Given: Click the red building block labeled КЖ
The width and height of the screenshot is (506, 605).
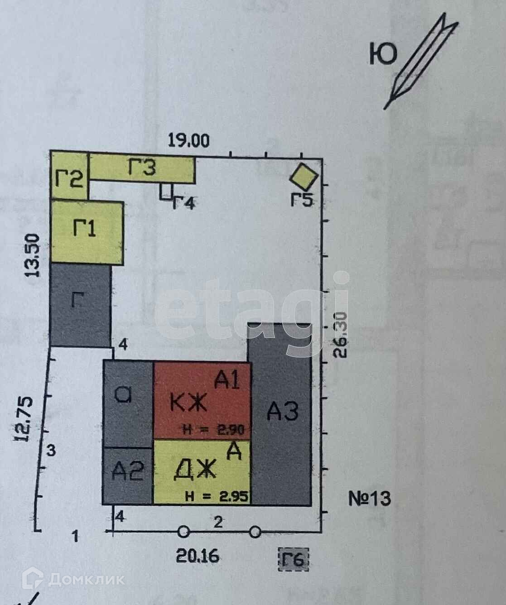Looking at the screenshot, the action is pyautogui.click(x=202, y=401).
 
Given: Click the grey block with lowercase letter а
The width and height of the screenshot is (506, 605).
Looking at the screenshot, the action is pyautogui.click(x=128, y=403).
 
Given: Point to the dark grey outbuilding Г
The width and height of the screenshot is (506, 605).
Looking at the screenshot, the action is pyautogui.click(x=81, y=306).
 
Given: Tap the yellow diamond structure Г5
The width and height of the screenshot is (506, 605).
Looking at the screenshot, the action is pyautogui.click(x=303, y=177).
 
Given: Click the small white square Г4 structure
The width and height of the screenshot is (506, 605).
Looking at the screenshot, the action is pyautogui.click(x=166, y=192).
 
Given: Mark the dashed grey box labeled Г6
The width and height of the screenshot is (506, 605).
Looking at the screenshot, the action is pyautogui.click(x=293, y=560).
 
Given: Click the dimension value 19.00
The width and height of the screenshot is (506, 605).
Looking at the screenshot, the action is pyautogui.click(x=189, y=140).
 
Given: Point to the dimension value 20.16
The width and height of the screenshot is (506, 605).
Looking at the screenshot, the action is pyautogui.click(x=198, y=555).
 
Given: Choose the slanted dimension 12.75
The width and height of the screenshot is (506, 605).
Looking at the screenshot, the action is pyautogui.click(x=26, y=419).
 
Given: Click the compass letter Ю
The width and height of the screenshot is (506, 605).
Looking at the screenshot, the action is pyautogui.click(x=383, y=54).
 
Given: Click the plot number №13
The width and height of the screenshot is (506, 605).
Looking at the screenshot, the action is pyautogui.click(x=370, y=499).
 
